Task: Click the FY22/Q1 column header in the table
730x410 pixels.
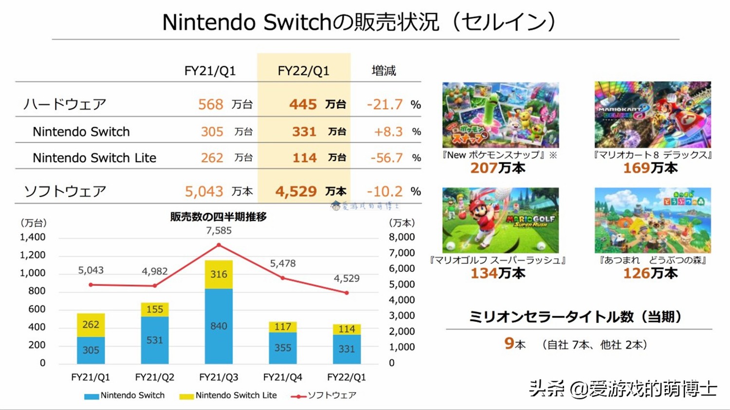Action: tap(303, 71)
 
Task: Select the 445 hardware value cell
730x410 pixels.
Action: tap(303, 104)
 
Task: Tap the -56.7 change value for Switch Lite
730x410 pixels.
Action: tap(386, 158)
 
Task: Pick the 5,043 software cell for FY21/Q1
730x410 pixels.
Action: tap(204, 191)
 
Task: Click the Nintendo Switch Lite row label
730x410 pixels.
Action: tap(94, 158)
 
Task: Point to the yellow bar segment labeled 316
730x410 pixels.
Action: tap(219, 274)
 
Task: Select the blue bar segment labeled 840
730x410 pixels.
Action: tap(219, 326)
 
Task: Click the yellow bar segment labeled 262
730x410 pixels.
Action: tap(91, 325)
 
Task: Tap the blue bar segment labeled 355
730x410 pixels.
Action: tap(283, 348)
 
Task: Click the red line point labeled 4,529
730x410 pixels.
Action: tap(347, 293)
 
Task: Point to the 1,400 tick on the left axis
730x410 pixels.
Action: tap(33, 237)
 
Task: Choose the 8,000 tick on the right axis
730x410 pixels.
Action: tap(402, 237)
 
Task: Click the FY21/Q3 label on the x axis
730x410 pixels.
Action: tap(219, 377)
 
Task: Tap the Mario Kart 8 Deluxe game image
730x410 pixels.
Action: tap(653, 115)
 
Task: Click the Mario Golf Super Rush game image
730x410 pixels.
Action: tap(500, 220)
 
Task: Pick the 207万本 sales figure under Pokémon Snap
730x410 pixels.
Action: tap(497, 168)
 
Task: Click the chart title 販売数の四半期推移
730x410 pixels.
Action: tap(219, 217)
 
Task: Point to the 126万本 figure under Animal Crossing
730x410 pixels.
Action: tap(650, 273)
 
